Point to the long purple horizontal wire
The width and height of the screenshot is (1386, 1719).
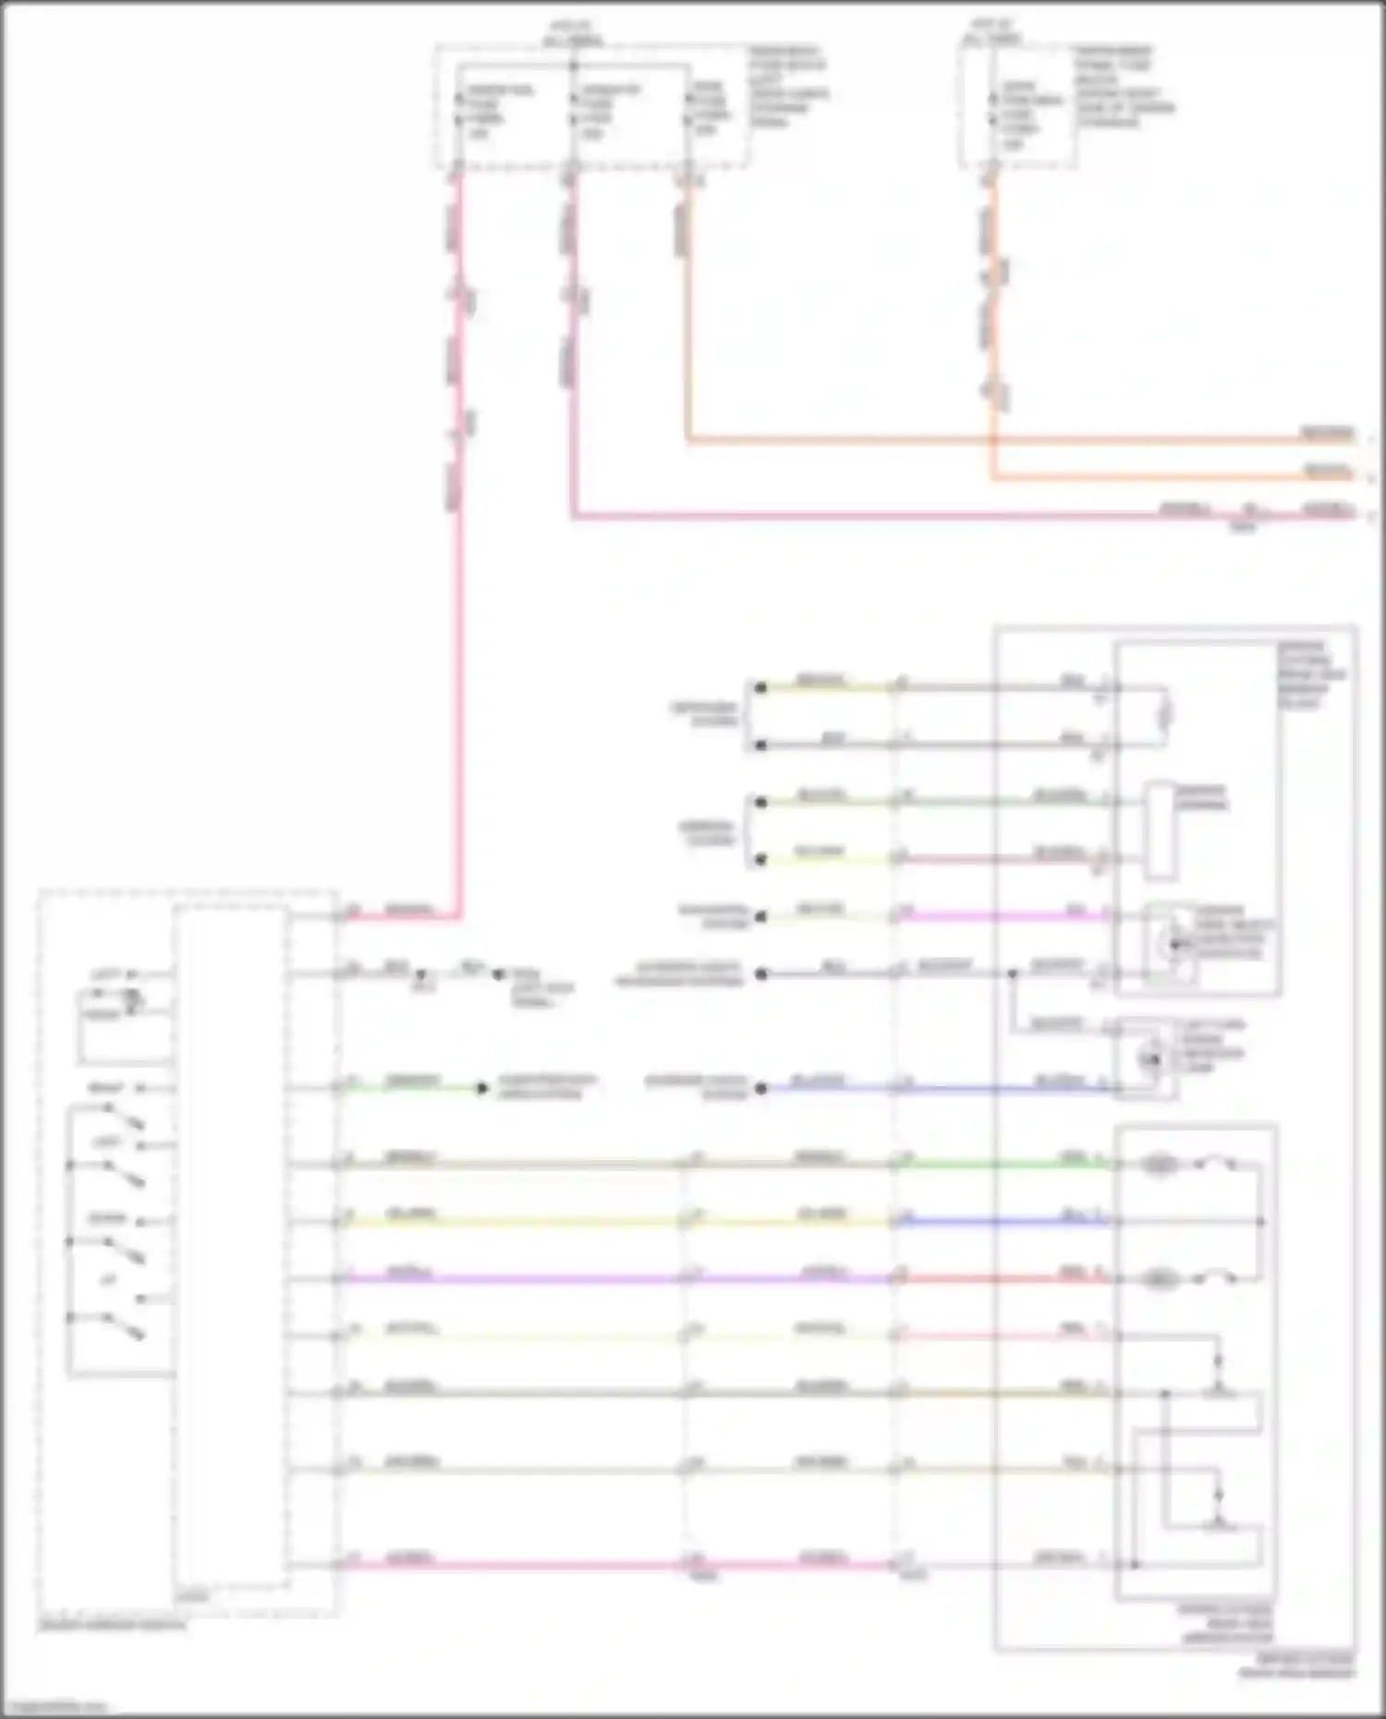[x=508, y=1278]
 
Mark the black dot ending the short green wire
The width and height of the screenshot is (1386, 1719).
[x=481, y=1088]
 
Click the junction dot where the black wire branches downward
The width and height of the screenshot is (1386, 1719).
[x=1013, y=974]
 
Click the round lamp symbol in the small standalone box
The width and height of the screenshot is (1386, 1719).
[x=1152, y=1059]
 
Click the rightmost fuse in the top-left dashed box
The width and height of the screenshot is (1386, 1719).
[x=688, y=109]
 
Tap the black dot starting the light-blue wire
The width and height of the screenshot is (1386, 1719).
[x=761, y=1088]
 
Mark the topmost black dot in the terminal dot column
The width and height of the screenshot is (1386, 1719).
[x=760, y=687]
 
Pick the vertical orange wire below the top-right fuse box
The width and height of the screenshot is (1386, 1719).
[x=992, y=323]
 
